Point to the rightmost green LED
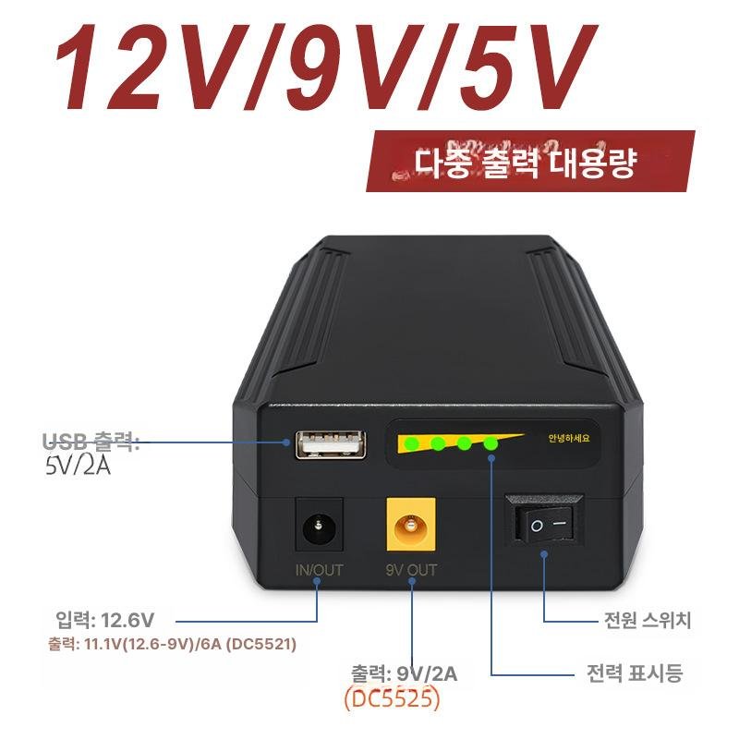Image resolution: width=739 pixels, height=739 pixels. (490, 444)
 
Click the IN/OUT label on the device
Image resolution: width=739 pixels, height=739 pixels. (319, 570)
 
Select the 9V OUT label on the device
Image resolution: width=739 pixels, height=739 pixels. (411, 570)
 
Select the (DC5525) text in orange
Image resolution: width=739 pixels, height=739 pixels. (392, 699)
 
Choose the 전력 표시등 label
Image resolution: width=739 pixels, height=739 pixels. (635, 672)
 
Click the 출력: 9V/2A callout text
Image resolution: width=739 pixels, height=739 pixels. (404, 674)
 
